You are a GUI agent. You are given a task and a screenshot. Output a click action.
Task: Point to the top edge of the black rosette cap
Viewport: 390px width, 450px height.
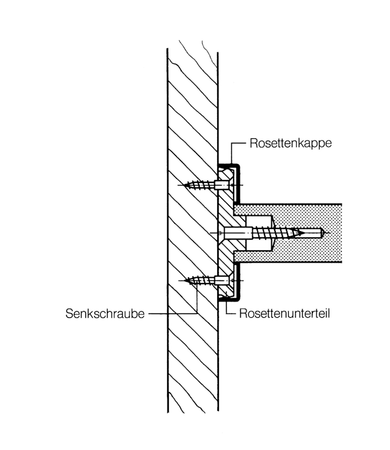point(228,163)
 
